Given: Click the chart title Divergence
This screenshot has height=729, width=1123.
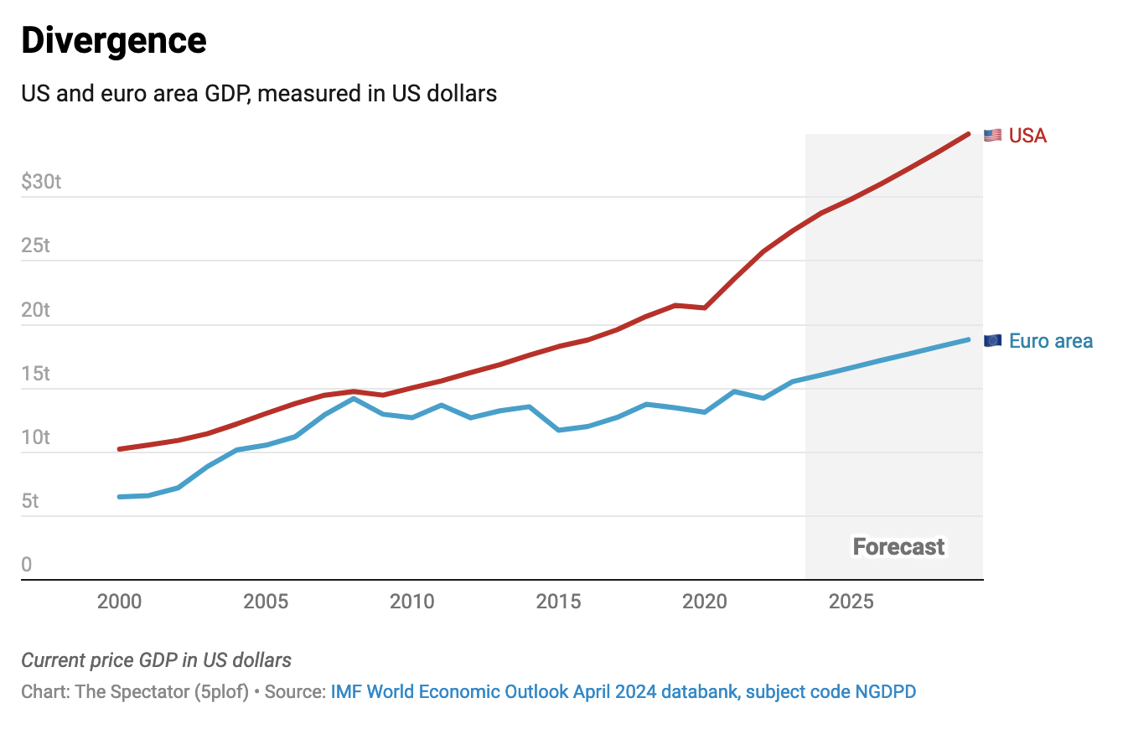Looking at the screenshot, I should (114, 41).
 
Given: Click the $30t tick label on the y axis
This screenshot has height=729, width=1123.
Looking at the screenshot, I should (41, 181).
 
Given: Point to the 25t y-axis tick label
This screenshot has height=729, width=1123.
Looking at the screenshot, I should (36, 246).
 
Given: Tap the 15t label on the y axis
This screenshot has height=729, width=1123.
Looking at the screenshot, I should (36, 373).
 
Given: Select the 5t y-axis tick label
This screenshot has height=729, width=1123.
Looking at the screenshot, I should (31, 501).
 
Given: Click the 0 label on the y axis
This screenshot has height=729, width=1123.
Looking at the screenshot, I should (27, 565).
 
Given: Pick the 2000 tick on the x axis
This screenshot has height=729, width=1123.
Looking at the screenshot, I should (119, 602).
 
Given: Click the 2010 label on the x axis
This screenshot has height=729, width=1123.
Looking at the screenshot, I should (411, 602).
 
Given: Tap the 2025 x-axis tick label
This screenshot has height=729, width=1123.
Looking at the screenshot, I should (851, 602).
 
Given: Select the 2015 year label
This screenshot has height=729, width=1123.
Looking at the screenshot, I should (558, 602).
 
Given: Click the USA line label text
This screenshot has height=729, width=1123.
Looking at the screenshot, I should (1027, 136).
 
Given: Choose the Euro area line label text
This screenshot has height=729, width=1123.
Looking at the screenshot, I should (1051, 341).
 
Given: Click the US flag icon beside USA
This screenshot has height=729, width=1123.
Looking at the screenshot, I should (993, 136).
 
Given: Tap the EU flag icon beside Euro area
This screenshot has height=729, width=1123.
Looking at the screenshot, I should (993, 341).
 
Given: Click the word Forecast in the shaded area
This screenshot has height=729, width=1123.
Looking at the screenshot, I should (898, 547).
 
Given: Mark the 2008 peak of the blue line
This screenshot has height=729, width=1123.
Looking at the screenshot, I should (354, 399).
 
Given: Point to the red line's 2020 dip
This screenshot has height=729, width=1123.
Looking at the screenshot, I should (705, 308).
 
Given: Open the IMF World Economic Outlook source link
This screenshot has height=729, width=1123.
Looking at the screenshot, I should (623, 692).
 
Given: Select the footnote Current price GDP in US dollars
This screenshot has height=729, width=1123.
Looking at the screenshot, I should (156, 660).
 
